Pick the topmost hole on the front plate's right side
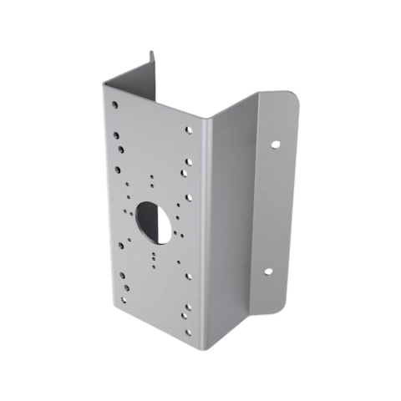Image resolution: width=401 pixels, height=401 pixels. click(x=187, y=130)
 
